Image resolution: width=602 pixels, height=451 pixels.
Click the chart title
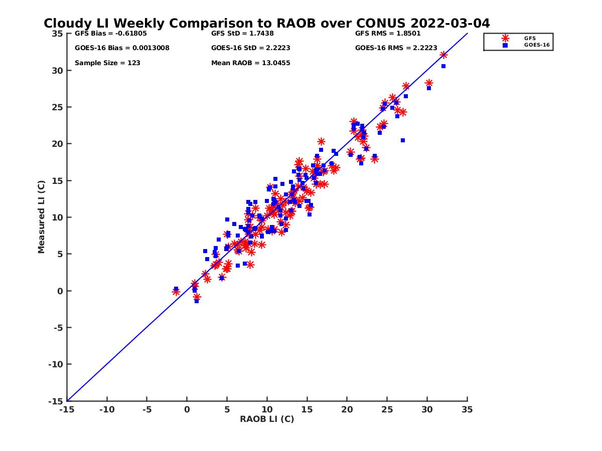point(266,24)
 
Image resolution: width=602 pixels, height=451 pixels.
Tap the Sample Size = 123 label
point(107,63)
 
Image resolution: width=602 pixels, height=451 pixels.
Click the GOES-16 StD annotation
point(250,48)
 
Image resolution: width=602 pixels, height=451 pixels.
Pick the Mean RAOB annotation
point(250,63)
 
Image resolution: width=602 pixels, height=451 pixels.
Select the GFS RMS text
point(388,34)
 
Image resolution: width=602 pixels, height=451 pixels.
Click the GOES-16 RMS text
point(396,48)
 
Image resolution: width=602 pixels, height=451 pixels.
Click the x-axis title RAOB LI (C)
point(267,419)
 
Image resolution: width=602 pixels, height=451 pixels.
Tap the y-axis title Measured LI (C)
point(41,217)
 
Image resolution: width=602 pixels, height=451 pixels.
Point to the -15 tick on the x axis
point(67,409)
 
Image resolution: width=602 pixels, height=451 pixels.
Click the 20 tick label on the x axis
point(347,409)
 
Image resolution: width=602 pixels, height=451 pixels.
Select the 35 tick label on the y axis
point(57,34)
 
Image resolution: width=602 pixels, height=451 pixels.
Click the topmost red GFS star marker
point(443,55)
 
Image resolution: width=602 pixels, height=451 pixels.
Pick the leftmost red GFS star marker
point(176,292)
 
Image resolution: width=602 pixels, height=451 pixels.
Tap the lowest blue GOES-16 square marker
point(197,301)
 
